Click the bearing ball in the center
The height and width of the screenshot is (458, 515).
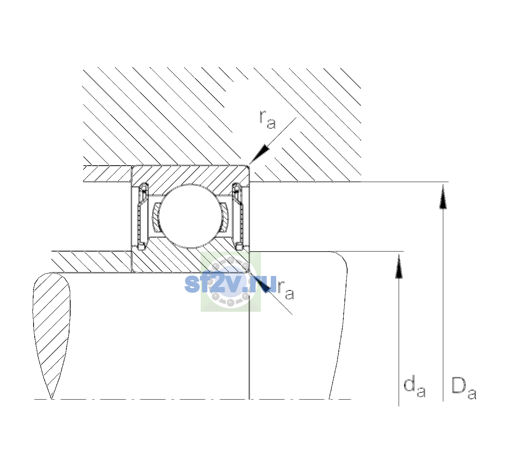tap(190, 216)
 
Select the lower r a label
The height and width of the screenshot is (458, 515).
tap(286, 290)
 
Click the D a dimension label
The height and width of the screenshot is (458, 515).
tap(463, 388)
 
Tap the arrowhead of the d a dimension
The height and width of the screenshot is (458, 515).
tap(399, 266)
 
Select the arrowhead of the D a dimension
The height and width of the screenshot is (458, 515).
tap(443, 197)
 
